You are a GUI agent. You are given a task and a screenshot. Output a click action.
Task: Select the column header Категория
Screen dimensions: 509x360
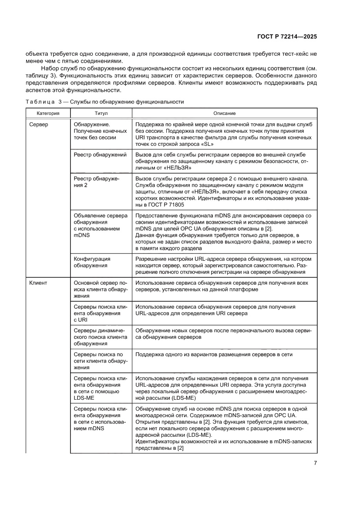pyautogui.click(x=48, y=113)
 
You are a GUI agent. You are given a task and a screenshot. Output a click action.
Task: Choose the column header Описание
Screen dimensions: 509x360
pyautogui.click(x=224, y=113)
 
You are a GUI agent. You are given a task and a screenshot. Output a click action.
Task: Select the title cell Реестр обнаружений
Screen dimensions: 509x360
pyautogui.click(x=100, y=155)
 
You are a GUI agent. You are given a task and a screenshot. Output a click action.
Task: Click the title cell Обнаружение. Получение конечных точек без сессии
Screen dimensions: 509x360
pyautogui.click(x=100, y=131)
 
